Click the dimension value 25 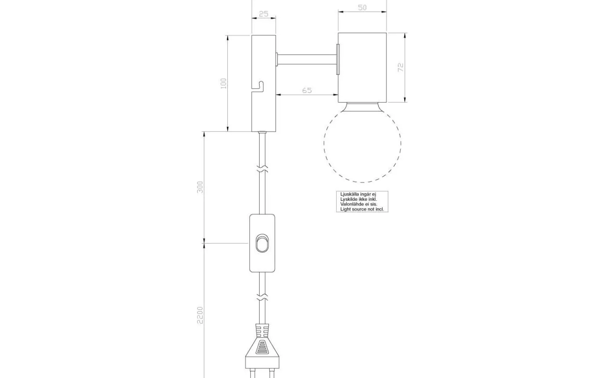click(x=263, y=14)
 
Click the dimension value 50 click(x=362, y=8)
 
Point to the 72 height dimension click(x=401, y=67)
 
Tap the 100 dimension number click(x=224, y=84)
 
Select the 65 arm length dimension click(x=307, y=90)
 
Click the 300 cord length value click(x=200, y=187)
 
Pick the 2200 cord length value click(x=200, y=315)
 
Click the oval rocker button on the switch click(x=262, y=243)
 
